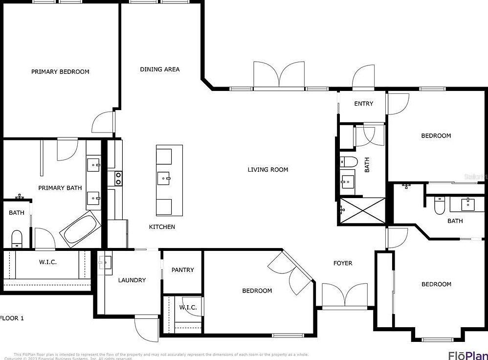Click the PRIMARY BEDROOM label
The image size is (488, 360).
pos(60,72)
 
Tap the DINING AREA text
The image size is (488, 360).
pos(160,69)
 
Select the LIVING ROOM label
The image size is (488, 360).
pos(267,170)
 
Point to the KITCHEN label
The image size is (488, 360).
pos(162,227)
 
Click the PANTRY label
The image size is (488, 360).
pos(182,270)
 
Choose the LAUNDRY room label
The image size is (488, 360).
pos(132,280)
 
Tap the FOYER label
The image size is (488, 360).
pos(343,263)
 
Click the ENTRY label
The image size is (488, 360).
pos(363,104)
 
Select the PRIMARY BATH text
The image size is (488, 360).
pos(60,188)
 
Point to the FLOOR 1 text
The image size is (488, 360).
pos(12,318)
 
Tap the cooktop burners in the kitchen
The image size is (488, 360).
pos(118,179)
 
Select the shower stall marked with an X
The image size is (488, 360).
pos(362,211)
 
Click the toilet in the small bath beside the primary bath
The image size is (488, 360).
pos(17,238)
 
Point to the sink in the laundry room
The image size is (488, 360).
pos(105,263)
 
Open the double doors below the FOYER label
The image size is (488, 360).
pos(345,295)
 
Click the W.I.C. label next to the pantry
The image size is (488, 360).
pos(188,308)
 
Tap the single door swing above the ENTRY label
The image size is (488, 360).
pos(363,77)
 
